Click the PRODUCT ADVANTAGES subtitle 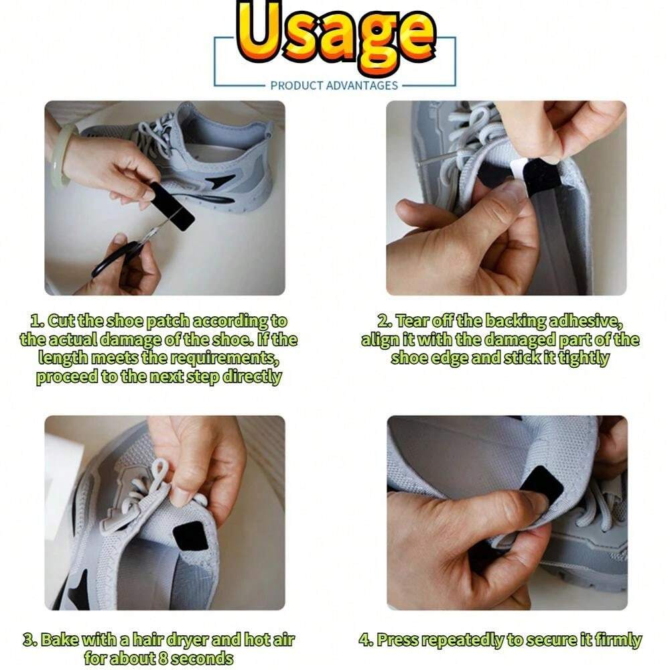click(334, 85)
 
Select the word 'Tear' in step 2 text click(410, 321)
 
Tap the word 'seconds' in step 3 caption click(201, 658)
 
